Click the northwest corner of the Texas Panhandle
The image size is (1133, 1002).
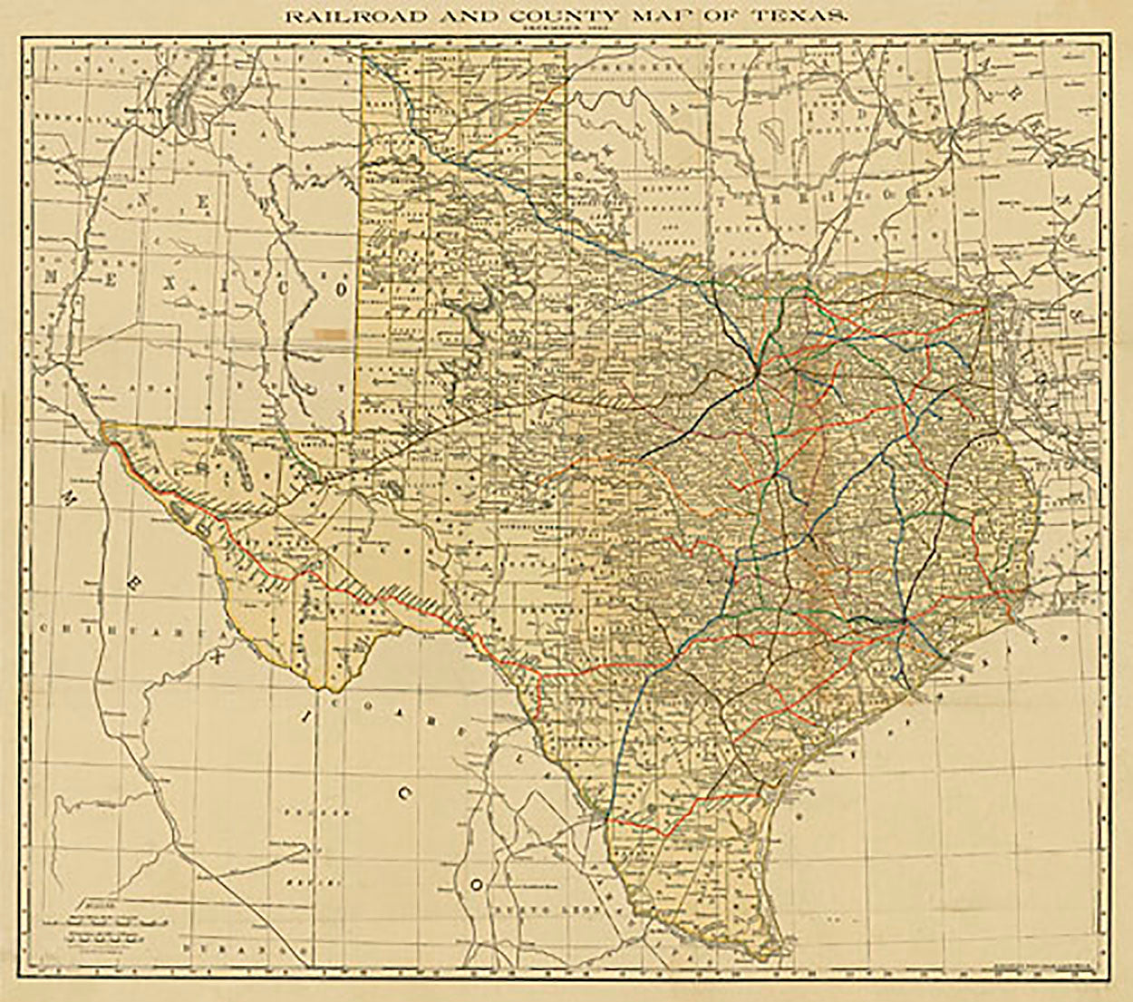[365, 53]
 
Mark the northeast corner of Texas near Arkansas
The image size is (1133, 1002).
[986, 306]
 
